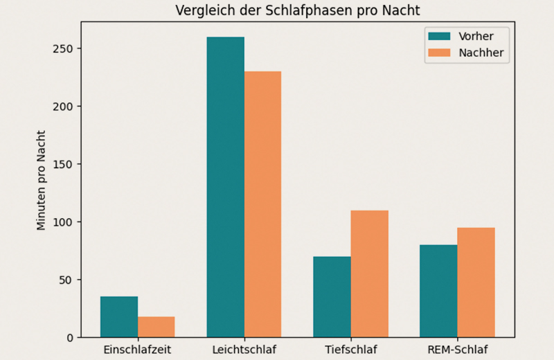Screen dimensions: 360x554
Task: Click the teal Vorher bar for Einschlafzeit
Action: coord(119,317)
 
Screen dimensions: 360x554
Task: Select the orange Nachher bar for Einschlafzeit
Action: coord(156,327)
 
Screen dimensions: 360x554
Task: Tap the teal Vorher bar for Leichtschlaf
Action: coord(226,187)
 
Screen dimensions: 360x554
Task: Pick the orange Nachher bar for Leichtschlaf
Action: coord(262,204)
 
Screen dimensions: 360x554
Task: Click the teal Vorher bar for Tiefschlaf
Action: coord(332,297)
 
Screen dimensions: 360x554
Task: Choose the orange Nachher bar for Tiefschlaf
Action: coord(369,274)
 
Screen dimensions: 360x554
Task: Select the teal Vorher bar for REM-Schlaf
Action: coord(438,291)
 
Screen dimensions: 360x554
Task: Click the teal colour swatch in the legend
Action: coord(439,36)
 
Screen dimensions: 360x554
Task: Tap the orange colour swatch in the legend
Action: coord(439,53)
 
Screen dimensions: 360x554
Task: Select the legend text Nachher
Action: coord(480,53)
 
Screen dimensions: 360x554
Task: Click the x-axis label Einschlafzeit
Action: coord(137,350)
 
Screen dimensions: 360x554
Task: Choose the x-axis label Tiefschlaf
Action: coord(350,350)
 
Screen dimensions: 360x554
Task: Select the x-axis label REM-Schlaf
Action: coord(457,350)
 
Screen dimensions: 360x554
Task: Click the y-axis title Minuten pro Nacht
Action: coord(42,180)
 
